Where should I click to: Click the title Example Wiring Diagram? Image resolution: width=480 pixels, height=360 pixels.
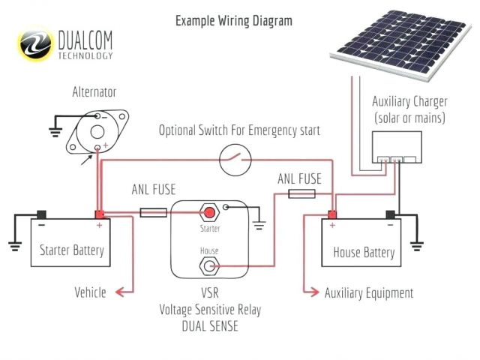(234, 20)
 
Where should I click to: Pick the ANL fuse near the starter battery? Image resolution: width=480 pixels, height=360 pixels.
(154, 213)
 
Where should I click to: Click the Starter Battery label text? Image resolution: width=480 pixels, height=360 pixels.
(72, 250)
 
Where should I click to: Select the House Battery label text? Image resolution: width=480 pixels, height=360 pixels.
(364, 253)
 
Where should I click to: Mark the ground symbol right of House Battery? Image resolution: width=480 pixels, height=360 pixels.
(418, 244)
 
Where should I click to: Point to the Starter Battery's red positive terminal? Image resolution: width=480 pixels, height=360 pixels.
(99, 214)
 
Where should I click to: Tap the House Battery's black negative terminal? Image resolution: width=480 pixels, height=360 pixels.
(390, 215)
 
